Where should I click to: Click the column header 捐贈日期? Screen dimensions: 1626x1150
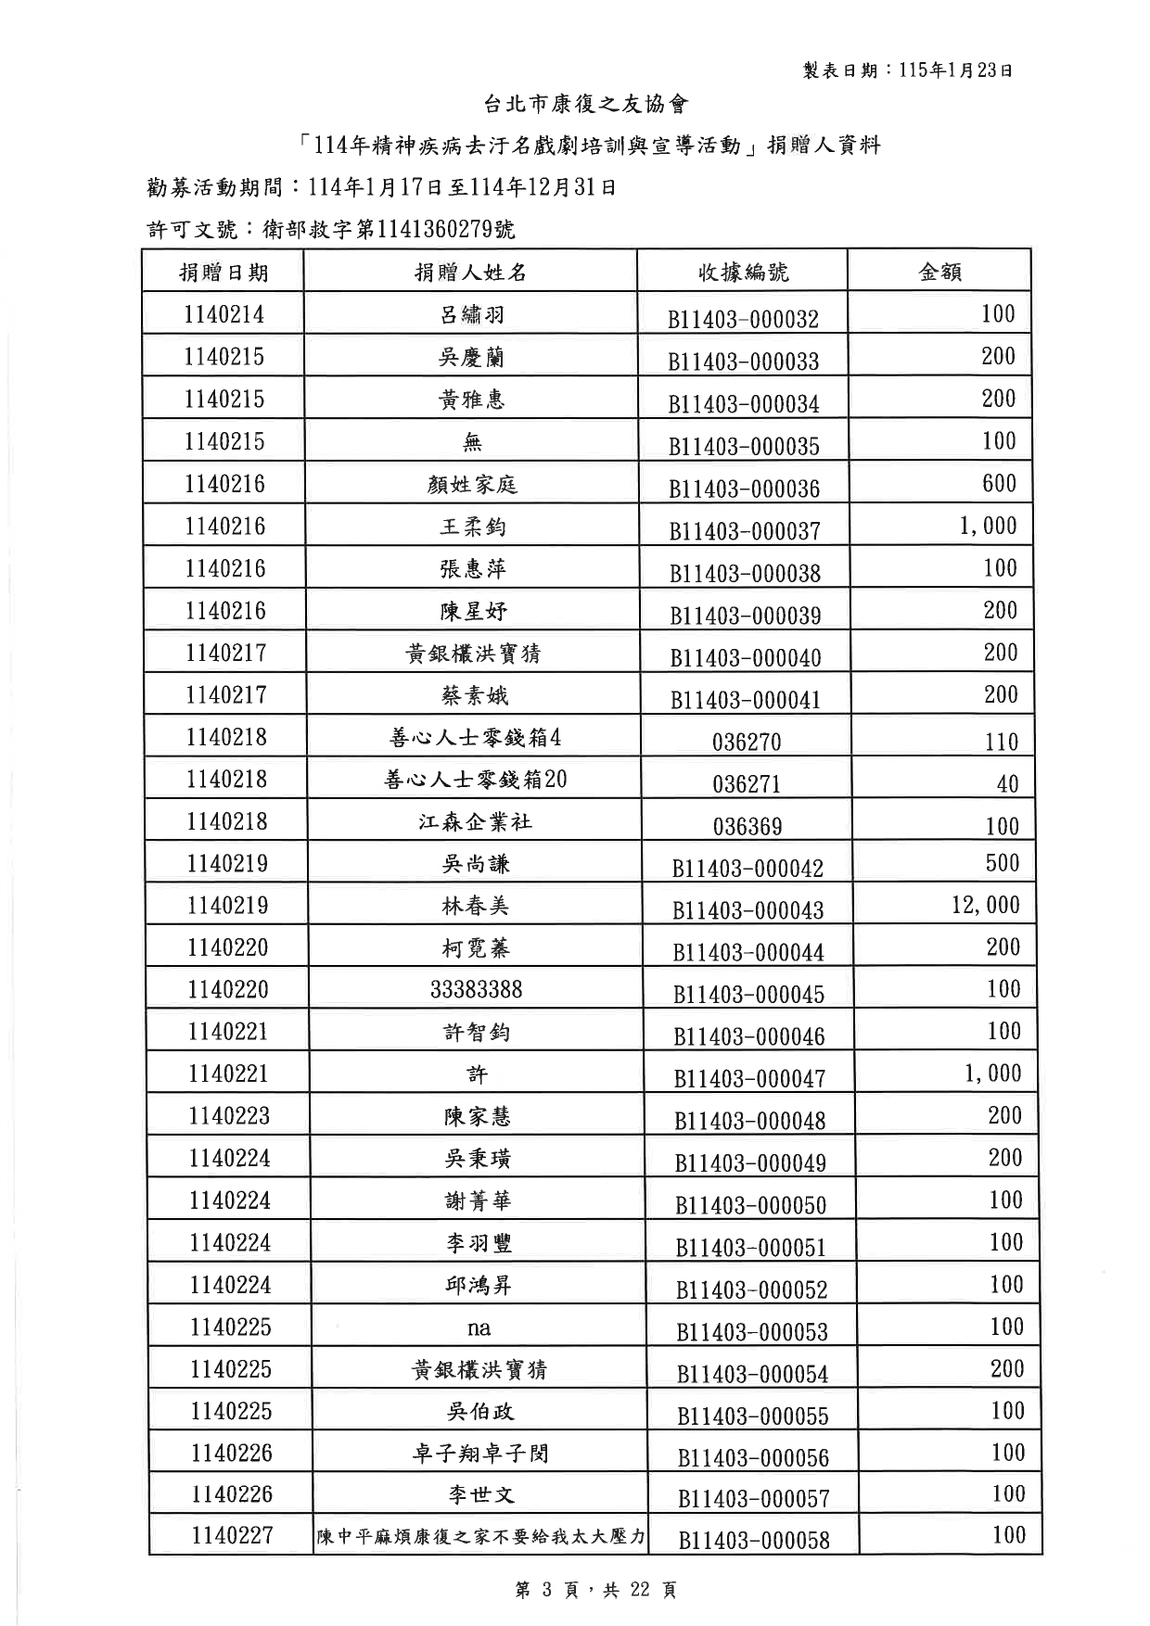(224, 272)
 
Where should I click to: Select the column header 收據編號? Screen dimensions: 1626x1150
(743, 272)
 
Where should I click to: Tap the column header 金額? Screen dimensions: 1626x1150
(939, 272)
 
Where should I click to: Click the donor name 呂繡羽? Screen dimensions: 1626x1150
(472, 315)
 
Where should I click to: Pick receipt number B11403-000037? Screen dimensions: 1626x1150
(745, 531)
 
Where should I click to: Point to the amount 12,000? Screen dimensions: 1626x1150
(985, 906)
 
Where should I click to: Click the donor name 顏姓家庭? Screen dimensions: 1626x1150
(472, 484)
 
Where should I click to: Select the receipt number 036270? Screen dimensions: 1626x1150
(747, 742)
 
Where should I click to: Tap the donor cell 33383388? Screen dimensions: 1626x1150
(476, 990)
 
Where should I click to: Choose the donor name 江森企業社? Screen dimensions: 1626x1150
(475, 821)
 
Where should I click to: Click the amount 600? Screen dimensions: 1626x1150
(1000, 483)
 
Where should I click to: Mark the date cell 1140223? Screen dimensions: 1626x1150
(228, 1116)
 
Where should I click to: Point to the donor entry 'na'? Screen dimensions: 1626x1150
(479, 1327)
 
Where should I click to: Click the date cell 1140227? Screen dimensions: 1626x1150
(232, 1536)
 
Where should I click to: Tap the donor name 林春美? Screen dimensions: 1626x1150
(475, 906)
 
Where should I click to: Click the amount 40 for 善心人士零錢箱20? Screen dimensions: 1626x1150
(1007, 784)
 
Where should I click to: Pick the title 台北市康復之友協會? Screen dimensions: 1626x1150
(586, 104)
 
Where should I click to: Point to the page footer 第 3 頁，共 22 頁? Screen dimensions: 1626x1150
(595, 1590)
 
